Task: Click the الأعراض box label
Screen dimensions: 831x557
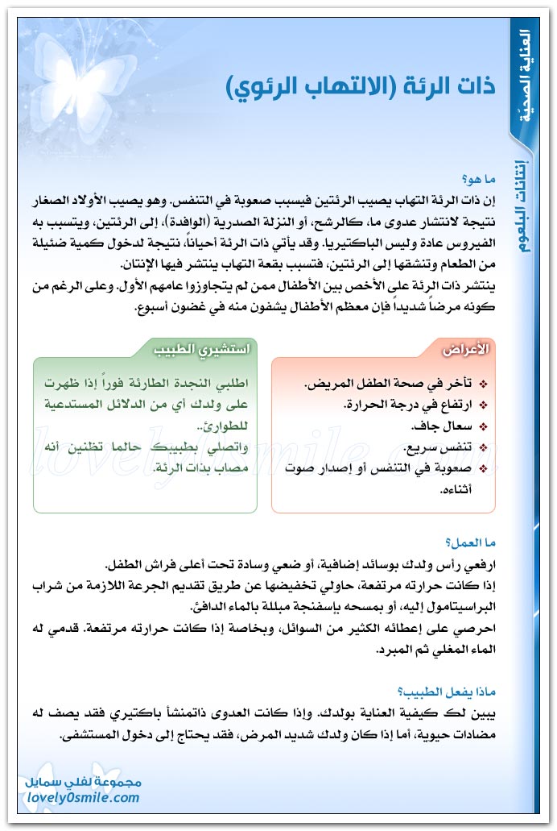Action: tap(466, 350)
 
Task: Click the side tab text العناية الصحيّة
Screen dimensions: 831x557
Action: tap(525, 77)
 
